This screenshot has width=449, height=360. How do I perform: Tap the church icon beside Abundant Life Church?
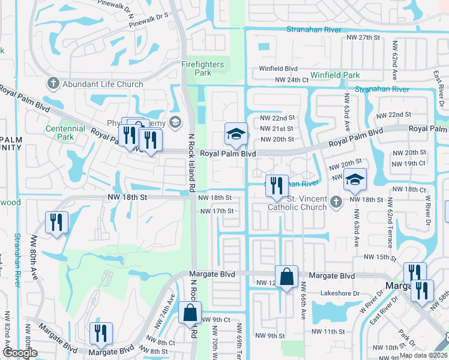(x=53, y=84)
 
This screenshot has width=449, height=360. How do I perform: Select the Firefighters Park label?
(x=203, y=68)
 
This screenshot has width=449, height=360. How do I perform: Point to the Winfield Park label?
(x=334, y=76)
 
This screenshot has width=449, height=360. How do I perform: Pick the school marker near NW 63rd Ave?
(x=355, y=178)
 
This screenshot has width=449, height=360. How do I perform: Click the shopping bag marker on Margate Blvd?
(x=287, y=277)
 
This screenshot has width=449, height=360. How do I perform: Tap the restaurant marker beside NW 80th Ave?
(x=57, y=223)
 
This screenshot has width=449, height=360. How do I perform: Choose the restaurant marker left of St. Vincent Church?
(x=276, y=186)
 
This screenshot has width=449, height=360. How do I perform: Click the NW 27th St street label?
(x=364, y=37)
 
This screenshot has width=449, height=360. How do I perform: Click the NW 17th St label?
(x=216, y=211)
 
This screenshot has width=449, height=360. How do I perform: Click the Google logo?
(x=20, y=353)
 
